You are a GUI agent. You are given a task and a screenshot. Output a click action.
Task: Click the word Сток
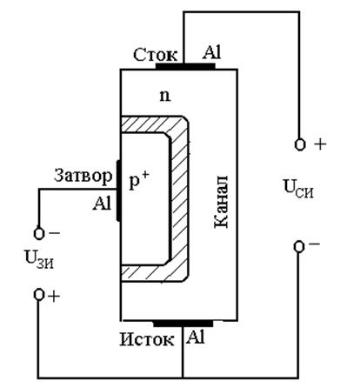click(155, 55)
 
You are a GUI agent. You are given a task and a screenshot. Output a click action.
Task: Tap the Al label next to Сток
click(211, 53)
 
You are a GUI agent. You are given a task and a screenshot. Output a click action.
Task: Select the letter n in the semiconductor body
click(165, 96)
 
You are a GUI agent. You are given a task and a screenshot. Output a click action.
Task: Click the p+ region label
click(139, 180)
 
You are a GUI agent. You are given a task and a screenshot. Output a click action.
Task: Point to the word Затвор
click(83, 177)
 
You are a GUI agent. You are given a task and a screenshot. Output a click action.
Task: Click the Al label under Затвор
click(102, 204)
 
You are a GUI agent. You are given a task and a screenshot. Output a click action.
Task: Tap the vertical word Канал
click(221, 202)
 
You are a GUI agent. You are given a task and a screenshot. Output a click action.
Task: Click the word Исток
click(147, 339)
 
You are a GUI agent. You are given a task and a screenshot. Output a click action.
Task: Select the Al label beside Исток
click(196, 337)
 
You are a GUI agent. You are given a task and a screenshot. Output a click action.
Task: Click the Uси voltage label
click(298, 189)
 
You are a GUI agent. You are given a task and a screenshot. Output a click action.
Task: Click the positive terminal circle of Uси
click(300, 144)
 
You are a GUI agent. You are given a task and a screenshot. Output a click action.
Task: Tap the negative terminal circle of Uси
click(299, 247)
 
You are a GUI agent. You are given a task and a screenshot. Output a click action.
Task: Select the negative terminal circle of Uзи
click(39, 233)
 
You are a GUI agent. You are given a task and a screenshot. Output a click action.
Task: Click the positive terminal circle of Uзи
click(39, 295)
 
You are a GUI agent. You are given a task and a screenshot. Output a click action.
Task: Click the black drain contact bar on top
click(185, 66)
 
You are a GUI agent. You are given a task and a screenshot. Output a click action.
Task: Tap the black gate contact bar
click(118, 191)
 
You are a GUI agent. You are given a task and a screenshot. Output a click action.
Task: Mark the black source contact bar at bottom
click(183, 324)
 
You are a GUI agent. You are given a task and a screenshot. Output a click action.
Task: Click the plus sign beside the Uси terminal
click(320, 144)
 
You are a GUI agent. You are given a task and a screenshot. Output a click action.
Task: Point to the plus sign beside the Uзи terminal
click(54, 297)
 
